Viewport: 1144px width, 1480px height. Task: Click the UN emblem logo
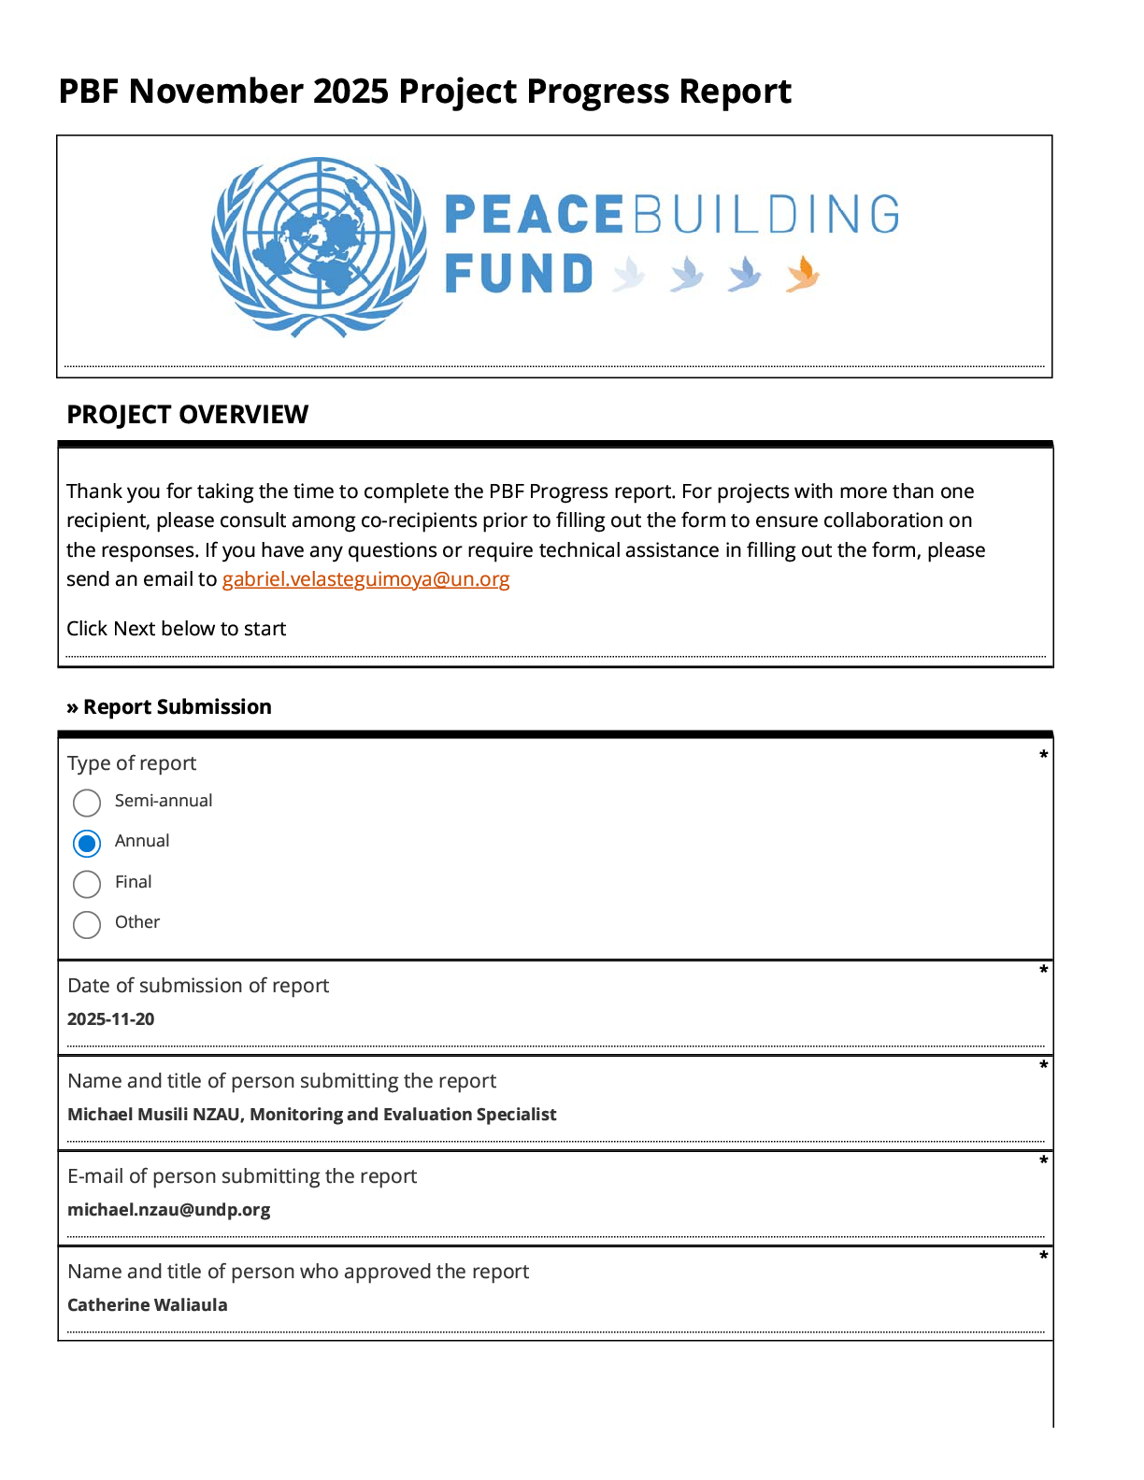(x=319, y=246)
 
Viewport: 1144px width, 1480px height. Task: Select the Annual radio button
(x=87, y=844)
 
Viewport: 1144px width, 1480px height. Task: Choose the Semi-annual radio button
(x=87, y=803)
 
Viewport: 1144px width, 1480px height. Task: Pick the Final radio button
(x=87, y=884)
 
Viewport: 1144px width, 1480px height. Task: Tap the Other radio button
(x=87, y=925)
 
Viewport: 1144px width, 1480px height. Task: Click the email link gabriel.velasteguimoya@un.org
(x=365, y=579)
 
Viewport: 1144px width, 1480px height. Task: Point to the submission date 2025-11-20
(x=110, y=1019)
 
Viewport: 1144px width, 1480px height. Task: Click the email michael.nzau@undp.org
(x=168, y=1210)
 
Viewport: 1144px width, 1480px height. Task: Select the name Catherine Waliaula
(x=147, y=1305)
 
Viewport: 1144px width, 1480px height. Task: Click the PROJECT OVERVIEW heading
(x=187, y=415)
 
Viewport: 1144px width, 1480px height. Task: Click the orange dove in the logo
(x=802, y=275)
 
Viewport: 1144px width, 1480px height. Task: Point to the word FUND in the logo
(x=519, y=275)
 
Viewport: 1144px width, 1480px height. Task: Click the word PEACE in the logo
(x=534, y=215)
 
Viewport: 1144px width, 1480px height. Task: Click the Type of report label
(x=132, y=763)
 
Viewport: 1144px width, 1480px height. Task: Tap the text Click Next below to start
(x=176, y=629)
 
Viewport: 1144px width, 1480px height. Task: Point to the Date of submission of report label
(x=198, y=986)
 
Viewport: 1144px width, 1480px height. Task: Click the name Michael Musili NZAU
(x=154, y=1115)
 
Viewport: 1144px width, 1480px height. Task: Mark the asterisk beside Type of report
(x=1043, y=755)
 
